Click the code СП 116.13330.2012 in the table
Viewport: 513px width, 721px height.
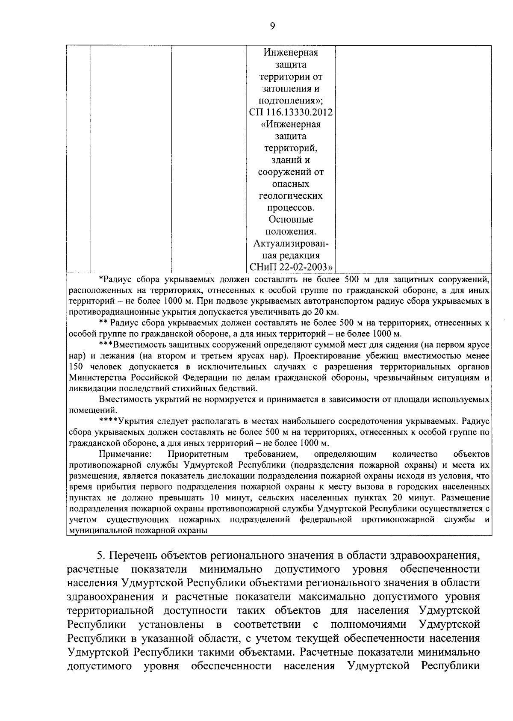click(291, 112)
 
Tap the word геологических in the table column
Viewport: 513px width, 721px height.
click(291, 196)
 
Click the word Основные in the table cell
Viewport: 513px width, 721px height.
click(291, 220)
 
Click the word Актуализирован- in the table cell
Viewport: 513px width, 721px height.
click(291, 244)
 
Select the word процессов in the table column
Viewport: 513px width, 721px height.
click(290, 208)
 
